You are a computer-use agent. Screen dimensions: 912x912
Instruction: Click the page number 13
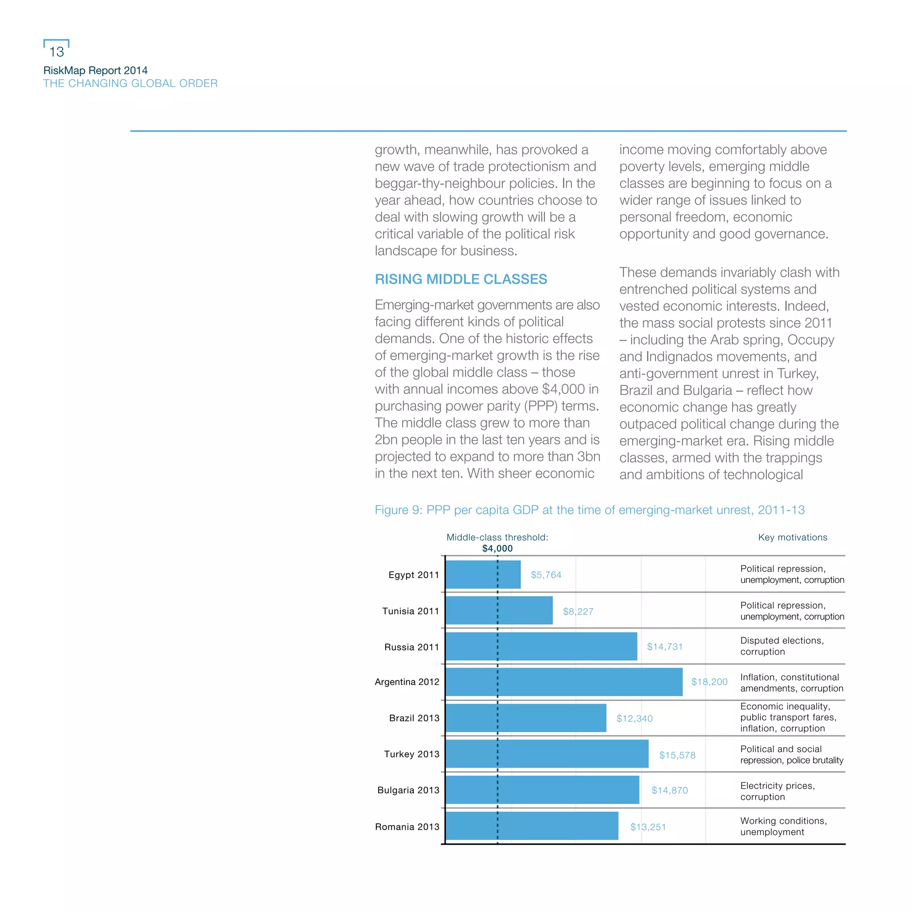tap(56, 52)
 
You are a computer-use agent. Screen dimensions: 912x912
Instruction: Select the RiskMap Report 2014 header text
tap(95, 70)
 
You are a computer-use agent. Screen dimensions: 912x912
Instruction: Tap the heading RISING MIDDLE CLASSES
tap(461, 279)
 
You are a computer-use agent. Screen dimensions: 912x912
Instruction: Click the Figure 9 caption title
tap(589, 510)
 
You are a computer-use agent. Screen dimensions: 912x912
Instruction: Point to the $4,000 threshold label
tap(497, 548)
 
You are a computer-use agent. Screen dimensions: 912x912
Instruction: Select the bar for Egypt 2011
tap(483, 574)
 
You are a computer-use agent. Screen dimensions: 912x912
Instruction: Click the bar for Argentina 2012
tap(564, 682)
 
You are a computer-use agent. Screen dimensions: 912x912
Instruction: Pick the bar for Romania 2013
tap(532, 826)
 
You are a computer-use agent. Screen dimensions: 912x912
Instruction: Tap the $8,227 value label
tap(578, 611)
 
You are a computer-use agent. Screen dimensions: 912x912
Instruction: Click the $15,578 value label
tap(677, 755)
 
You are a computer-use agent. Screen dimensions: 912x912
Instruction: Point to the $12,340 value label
tap(634, 718)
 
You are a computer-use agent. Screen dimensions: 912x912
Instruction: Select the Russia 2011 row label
tap(411, 647)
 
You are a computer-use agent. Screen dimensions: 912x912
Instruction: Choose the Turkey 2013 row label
tap(411, 754)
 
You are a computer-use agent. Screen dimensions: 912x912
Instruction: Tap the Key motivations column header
tap(792, 537)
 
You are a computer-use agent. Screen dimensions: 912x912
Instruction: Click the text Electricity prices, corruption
tap(777, 791)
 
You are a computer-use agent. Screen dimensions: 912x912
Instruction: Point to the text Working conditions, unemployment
tap(783, 826)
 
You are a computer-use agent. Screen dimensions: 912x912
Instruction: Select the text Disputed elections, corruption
tap(781, 646)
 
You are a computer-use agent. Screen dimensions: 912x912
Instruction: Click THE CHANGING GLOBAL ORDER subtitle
tap(130, 84)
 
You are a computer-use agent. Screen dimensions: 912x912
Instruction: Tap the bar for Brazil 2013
tap(525, 718)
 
